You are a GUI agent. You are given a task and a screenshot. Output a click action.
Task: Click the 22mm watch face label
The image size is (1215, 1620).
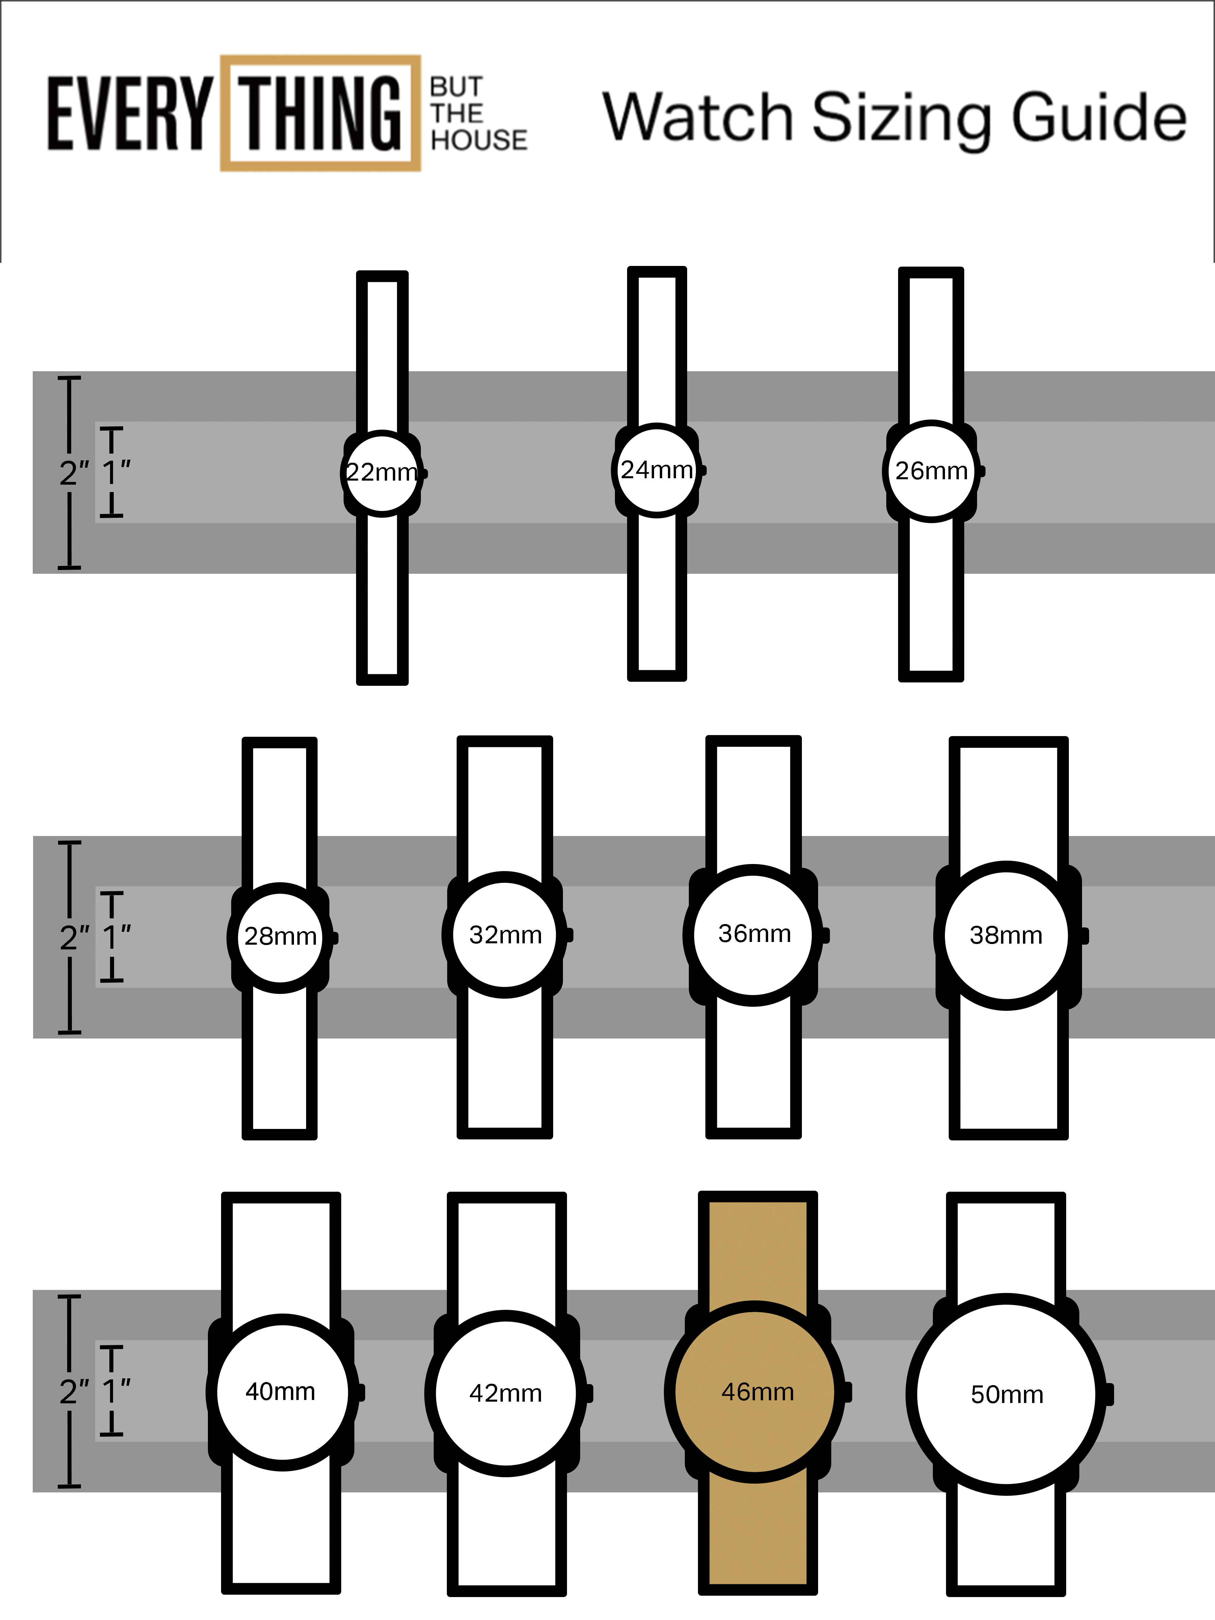382,473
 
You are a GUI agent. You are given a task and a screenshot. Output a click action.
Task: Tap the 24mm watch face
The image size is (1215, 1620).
657,469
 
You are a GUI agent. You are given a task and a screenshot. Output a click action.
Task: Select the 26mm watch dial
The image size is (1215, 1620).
931,471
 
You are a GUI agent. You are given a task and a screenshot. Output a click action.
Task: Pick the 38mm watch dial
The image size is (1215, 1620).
1006,935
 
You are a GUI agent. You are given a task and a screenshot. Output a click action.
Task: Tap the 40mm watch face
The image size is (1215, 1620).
281,1392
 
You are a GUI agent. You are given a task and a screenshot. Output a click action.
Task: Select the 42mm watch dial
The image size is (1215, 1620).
505,1393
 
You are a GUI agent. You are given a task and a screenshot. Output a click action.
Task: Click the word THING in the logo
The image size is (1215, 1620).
321,113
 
